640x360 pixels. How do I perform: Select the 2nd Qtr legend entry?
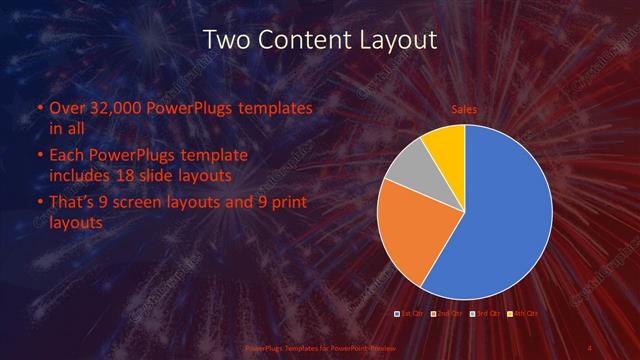pos(447,314)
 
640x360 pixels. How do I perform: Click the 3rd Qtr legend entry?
pos(484,314)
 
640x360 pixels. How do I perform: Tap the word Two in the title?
pos(227,40)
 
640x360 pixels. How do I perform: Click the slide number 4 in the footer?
pos(589,347)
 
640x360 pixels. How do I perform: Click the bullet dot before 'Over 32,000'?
pos(38,108)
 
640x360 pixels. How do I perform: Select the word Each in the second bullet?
pos(67,157)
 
